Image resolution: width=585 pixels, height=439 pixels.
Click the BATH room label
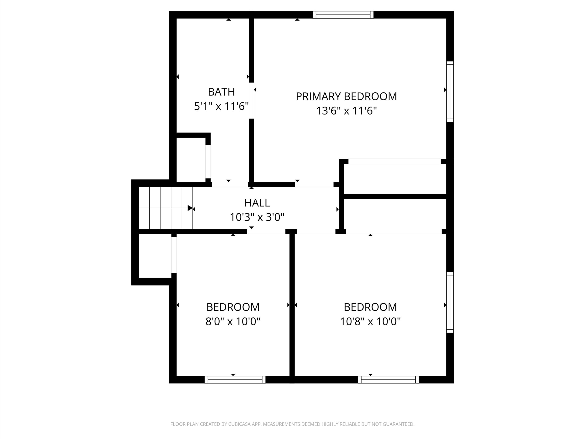click(x=221, y=92)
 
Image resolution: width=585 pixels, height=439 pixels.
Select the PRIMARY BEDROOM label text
click(x=346, y=96)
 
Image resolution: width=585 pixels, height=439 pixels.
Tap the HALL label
click(x=257, y=203)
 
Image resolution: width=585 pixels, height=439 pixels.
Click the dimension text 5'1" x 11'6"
click(x=221, y=106)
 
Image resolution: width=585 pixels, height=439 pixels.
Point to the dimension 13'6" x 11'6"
click(x=346, y=111)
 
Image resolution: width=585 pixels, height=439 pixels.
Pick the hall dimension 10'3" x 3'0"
click(x=257, y=217)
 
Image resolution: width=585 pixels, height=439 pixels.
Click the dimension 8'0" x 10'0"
click(x=233, y=321)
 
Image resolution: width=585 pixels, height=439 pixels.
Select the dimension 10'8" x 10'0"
click(x=370, y=321)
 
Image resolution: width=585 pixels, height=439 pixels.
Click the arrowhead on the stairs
click(x=190, y=208)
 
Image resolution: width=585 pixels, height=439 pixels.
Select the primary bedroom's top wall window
click(x=343, y=15)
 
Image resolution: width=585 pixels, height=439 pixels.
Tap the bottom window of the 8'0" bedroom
click(x=235, y=380)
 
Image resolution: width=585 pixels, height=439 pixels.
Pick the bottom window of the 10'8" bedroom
click(x=388, y=380)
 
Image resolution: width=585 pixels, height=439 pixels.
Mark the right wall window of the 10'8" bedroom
click(x=450, y=302)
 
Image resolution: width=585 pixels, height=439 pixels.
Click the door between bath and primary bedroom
click(x=252, y=101)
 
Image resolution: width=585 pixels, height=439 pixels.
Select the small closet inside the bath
click(x=191, y=160)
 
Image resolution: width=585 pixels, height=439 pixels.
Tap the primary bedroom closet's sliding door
click(x=395, y=161)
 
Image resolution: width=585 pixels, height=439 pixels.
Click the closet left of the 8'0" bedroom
click(x=155, y=256)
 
